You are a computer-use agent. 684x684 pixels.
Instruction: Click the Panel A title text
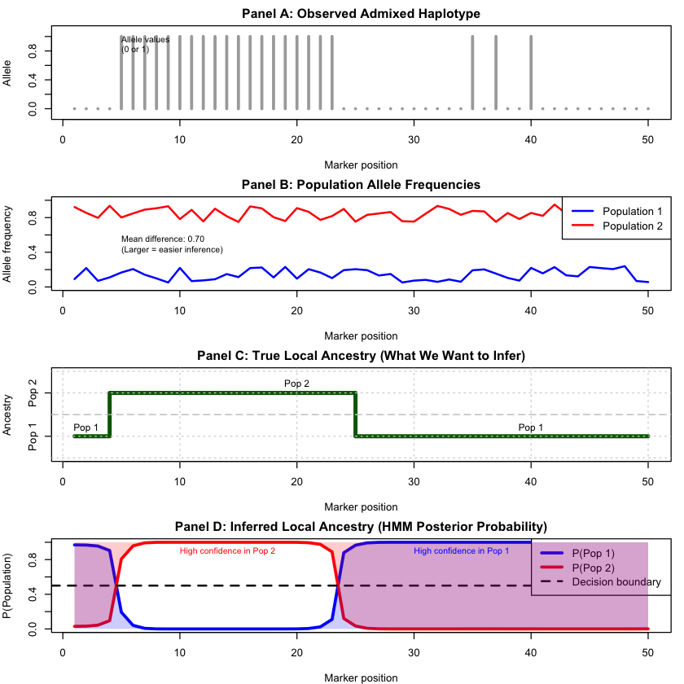(361, 13)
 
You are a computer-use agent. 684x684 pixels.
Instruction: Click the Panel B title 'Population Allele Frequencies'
(361, 184)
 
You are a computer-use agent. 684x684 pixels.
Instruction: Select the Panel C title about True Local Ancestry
(361, 355)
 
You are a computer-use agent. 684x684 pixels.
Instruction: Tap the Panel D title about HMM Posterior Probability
(361, 526)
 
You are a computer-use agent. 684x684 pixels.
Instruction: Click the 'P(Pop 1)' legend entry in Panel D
(595, 553)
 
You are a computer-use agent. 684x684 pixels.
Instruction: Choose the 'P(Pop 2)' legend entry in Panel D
(595, 568)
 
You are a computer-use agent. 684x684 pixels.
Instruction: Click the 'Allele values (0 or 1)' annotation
(146, 44)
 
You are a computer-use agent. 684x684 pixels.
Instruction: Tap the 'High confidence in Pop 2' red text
(227, 551)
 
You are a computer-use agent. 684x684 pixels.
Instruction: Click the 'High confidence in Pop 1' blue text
(462, 551)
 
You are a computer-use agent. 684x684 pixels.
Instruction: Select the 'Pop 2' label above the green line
(296, 383)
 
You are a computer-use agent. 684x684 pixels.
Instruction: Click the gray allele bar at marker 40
(531, 72)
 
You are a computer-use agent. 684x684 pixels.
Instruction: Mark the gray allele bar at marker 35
(472, 72)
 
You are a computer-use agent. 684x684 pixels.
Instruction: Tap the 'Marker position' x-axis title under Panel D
(361, 677)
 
